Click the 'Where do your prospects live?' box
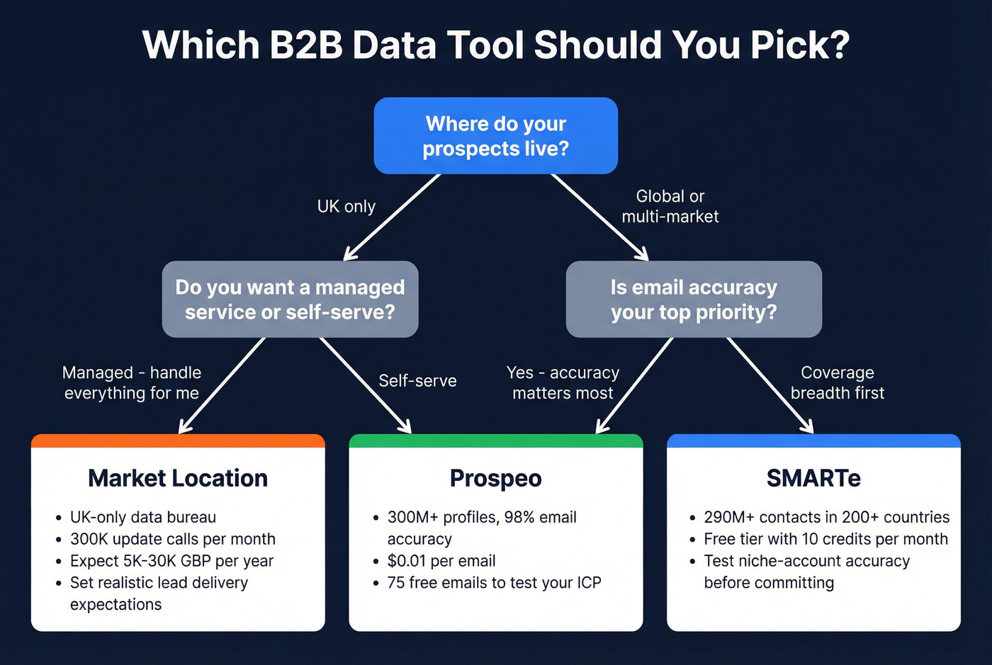pyautogui.click(x=495, y=136)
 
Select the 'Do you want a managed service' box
pyautogui.click(x=290, y=300)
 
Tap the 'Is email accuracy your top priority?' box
pyautogui.click(x=694, y=300)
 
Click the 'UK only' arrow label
pyautogui.click(x=346, y=206)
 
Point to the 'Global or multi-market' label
pyautogui.click(x=670, y=206)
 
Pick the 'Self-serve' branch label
pyautogui.click(x=417, y=381)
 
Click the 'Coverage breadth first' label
pyautogui.click(x=837, y=382)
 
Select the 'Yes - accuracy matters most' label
pyautogui.click(x=563, y=382)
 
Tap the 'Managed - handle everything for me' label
pyautogui.click(x=132, y=382)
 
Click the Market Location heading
pyautogui.click(x=178, y=478)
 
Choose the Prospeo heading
pyautogui.click(x=495, y=478)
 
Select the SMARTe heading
pyautogui.click(x=813, y=478)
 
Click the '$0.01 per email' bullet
pyautogui.click(x=441, y=561)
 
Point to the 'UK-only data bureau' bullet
pyautogui.click(x=142, y=517)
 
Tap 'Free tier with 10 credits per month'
pyautogui.click(x=825, y=539)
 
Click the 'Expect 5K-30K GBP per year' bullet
pyautogui.click(x=171, y=561)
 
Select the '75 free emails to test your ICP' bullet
pyautogui.click(x=494, y=583)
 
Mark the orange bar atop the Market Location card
pyautogui.click(x=178, y=441)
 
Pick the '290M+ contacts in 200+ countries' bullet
pyautogui.click(x=826, y=517)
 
